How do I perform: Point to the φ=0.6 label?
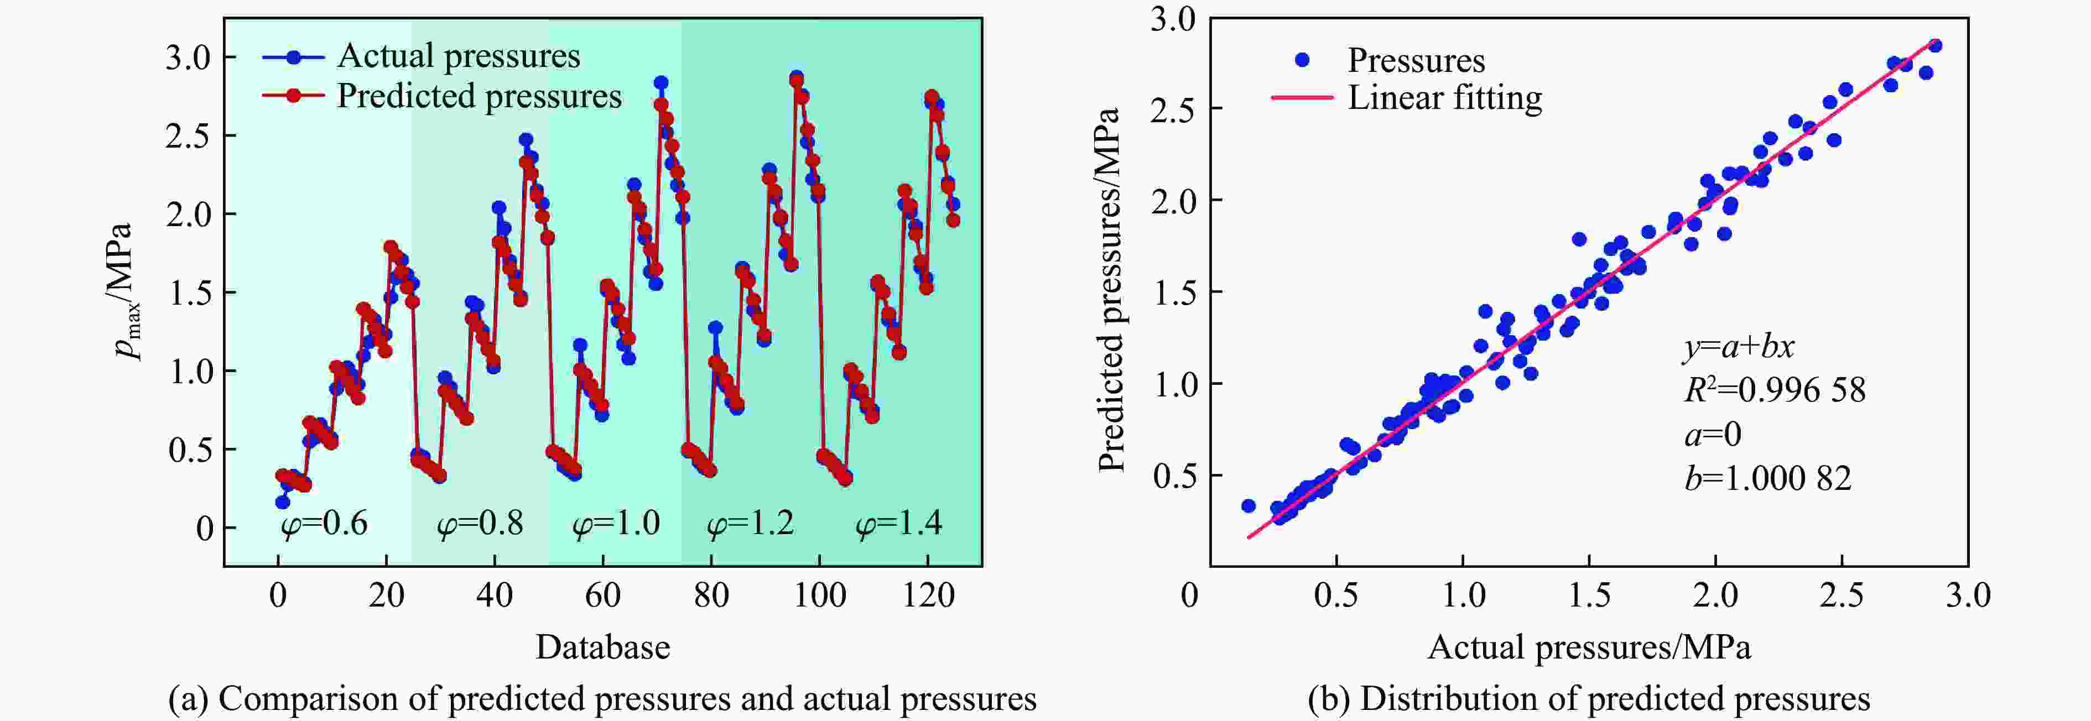(324, 524)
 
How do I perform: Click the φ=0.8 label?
(480, 524)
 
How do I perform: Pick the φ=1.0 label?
(616, 524)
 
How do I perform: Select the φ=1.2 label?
(751, 524)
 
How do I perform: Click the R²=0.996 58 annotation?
(1775, 391)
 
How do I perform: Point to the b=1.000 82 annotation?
(1767, 478)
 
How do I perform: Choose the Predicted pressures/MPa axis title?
(1109, 290)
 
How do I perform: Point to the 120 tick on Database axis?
(928, 596)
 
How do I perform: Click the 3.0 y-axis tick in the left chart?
(188, 58)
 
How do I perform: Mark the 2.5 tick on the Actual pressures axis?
(1841, 596)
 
